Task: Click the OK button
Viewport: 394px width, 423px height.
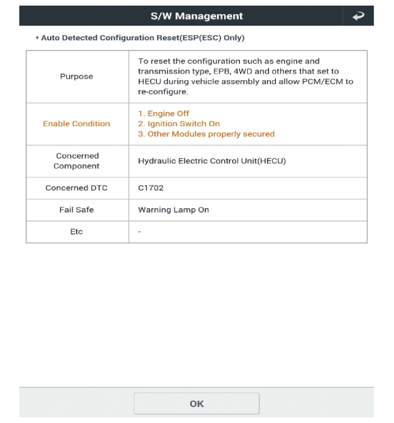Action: (196, 403)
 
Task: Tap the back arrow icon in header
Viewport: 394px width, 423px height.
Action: (358, 16)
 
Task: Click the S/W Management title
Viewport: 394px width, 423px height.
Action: (196, 16)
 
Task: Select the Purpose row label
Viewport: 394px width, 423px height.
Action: (76, 76)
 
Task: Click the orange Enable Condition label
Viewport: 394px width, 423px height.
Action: (76, 123)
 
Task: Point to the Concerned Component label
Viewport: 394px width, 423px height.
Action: (76, 160)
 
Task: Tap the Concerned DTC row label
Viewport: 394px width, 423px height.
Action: (76, 187)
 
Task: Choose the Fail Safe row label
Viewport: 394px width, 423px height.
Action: (76, 210)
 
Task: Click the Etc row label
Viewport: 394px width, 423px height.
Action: (76, 232)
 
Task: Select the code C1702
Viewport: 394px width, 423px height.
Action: (150, 187)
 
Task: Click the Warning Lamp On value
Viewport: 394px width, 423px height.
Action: (173, 210)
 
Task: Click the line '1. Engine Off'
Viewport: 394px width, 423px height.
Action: (164, 114)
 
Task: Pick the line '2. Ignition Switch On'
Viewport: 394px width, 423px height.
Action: (179, 123)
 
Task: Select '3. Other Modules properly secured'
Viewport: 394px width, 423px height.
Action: (206, 134)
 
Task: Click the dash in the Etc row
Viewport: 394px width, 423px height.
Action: (139, 232)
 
